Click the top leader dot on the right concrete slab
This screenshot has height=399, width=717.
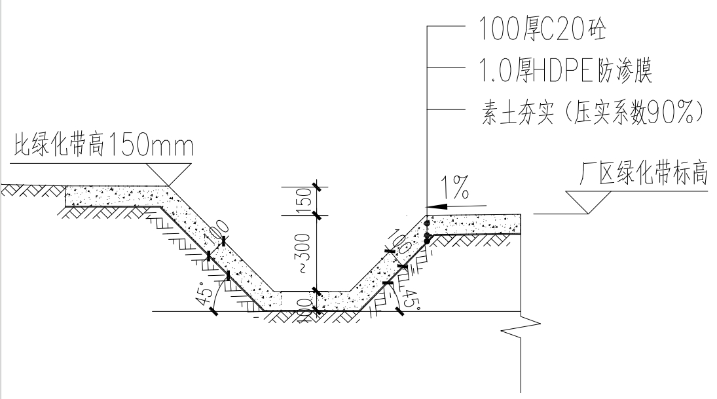pyautogui.click(x=427, y=224)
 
